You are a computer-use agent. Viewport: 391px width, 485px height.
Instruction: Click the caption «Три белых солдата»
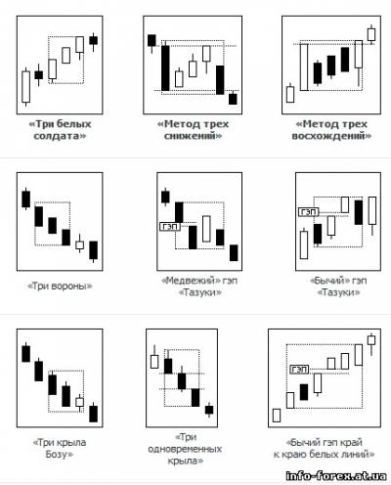60,130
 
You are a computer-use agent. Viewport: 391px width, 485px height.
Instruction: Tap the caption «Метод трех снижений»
193,130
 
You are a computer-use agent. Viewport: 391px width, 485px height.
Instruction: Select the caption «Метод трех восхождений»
331,130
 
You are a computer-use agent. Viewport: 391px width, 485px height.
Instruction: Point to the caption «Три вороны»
60,286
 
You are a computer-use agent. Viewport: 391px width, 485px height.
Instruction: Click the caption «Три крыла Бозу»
60,448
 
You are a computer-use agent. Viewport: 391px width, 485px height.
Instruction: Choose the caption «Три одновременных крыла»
185,449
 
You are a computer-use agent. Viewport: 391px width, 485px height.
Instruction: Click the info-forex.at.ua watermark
336,476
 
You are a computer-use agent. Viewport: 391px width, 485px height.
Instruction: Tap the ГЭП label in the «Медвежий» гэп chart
170,226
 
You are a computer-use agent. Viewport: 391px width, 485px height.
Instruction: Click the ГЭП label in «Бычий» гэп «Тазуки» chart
308,212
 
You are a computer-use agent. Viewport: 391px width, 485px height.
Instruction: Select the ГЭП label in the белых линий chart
299,370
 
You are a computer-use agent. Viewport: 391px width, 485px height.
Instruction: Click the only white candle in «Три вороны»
79,244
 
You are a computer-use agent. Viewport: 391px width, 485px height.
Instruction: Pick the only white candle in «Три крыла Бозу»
79,402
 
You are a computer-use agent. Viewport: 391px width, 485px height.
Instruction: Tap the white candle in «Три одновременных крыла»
154,361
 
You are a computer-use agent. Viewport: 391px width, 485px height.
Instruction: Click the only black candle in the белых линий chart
304,392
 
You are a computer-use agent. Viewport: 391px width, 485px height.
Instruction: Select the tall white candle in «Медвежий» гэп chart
206,229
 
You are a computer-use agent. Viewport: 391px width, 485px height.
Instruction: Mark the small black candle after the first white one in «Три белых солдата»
39,75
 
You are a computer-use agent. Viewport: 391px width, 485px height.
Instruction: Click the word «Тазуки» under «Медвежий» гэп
200,292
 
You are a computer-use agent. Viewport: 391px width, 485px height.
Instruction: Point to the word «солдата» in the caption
60,135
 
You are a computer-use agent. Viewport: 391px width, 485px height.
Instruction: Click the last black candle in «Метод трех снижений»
233,99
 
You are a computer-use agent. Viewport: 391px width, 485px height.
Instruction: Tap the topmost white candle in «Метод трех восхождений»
371,34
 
